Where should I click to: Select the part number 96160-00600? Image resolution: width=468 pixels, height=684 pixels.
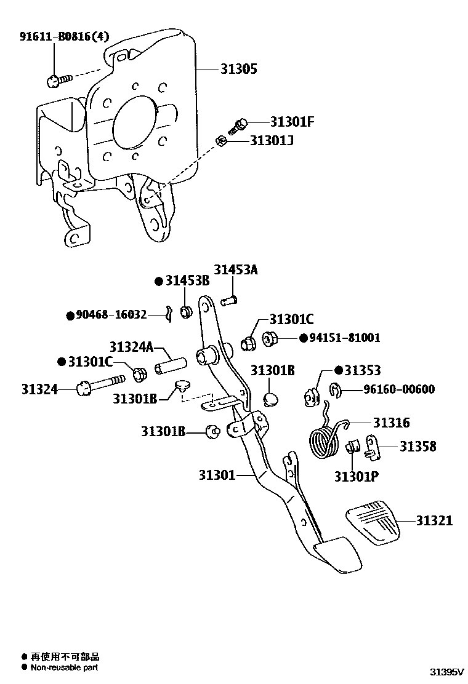coord(398,389)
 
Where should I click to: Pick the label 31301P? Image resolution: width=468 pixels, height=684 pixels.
coord(357,475)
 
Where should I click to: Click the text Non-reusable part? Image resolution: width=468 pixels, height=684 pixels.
coord(64,667)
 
